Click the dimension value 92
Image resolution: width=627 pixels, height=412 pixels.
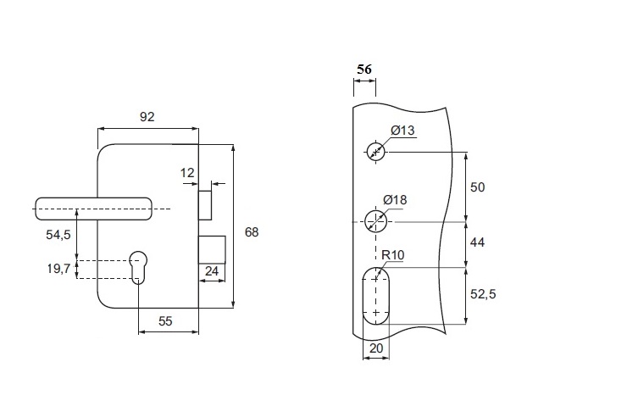click(x=147, y=117)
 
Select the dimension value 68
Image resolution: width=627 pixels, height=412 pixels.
click(x=250, y=231)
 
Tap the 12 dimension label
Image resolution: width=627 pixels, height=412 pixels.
click(x=188, y=173)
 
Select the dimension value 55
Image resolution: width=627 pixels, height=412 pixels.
click(x=166, y=322)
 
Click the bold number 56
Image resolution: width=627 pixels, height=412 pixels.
click(x=365, y=69)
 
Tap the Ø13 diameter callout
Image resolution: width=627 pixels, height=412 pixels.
click(x=402, y=131)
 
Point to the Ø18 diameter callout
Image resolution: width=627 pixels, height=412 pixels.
click(x=396, y=200)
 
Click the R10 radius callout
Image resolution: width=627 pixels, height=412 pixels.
click(x=391, y=255)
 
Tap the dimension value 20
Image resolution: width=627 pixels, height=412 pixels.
click(x=376, y=348)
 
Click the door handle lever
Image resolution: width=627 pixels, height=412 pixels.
click(x=93, y=209)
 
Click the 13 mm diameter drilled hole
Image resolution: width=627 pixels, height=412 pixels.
click(x=376, y=152)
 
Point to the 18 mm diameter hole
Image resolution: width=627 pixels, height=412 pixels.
click(x=376, y=222)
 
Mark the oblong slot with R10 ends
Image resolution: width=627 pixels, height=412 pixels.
click(x=376, y=294)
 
